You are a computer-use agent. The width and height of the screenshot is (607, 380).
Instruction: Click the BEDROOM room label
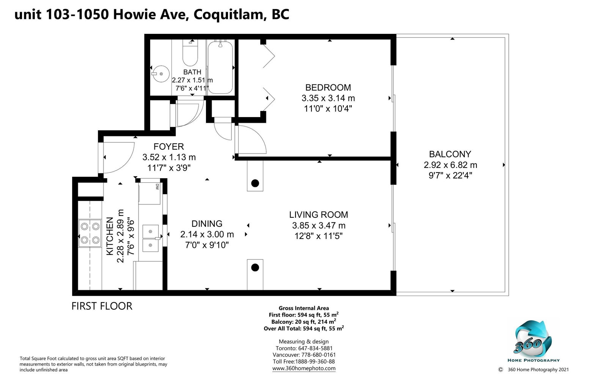(328, 87)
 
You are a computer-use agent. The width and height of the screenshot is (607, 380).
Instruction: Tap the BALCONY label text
(450, 154)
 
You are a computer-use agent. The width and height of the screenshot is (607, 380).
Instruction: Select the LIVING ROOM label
(318, 215)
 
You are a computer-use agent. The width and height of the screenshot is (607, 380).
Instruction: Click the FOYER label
(169, 147)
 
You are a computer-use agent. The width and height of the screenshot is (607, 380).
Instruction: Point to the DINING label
(207, 224)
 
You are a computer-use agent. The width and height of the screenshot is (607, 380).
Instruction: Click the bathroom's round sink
(160, 74)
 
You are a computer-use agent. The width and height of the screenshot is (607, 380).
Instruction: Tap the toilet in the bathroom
(190, 53)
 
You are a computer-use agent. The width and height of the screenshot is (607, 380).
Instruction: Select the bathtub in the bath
(220, 67)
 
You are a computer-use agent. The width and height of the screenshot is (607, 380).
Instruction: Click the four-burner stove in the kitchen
(90, 233)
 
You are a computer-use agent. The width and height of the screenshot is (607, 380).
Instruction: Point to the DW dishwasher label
(157, 187)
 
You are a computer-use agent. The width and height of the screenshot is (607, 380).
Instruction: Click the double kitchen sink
(151, 238)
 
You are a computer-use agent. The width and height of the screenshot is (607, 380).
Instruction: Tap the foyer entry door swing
(118, 158)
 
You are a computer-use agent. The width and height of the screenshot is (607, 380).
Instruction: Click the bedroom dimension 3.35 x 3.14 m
(328, 98)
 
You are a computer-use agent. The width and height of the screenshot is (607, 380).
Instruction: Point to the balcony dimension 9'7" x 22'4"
(450, 176)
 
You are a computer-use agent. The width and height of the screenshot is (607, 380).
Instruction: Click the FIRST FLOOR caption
(102, 306)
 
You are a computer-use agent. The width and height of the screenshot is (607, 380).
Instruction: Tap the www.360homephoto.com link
(304, 368)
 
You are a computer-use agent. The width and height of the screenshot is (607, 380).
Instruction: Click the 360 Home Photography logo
(533, 341)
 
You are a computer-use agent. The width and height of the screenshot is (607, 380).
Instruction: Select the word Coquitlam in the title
(228, 15)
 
